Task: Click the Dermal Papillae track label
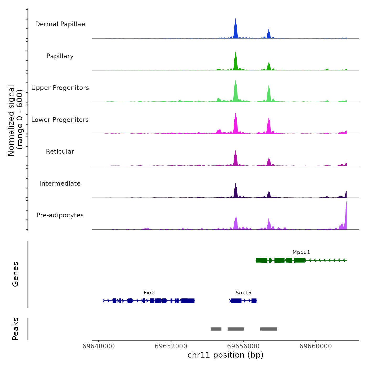pyautogui.click(x=60, y=24)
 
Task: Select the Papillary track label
pyautogui.click(x=60, y=56)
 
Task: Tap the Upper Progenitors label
pyautogui.click(x=60, y=88)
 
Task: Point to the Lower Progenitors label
pyautogui.click(x=60, y=120)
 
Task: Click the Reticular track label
pyautogui.click(x=60, y=152)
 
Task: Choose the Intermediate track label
pyautogui.click(x=60, y=183)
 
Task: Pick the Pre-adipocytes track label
pyautogui.click(x=60, y=215)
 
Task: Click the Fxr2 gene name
pyautogui.click(x=149, y=293)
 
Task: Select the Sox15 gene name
pyautogui.click(x=243, y=293)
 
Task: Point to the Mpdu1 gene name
pyautogui.click(x=301, y=252)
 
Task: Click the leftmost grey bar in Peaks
pyautogui.click(x=216, y=329)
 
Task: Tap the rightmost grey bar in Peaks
pyautogui.click(x=268, y=329)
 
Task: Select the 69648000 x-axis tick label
pyautogui.click(x=99, y=346)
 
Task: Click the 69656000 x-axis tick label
pyautogui.click(x=243, y=346)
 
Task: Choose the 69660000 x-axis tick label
pyautogui.click(x=316, y=346)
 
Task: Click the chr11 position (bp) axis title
pyautogui.click(x=225, y=355)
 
